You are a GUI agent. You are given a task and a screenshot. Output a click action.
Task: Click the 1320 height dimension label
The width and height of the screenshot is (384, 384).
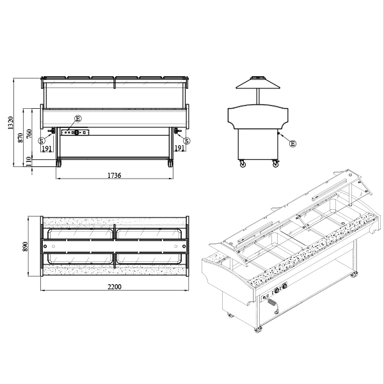(10, 123)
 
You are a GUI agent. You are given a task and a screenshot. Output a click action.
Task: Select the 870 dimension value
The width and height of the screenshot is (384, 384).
(20, 138)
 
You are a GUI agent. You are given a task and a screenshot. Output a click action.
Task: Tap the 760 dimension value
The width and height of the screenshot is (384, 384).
(29, 134)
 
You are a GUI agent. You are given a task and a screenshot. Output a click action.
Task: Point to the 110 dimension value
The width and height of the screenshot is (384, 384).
(29, 161)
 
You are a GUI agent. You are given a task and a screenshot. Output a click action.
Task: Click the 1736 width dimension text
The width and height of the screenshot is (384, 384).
(115, 175)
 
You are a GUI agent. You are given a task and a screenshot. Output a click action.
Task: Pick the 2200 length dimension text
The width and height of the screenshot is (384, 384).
(115, 287)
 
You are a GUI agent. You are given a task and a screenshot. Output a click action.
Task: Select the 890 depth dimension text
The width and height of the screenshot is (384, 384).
(25, 246)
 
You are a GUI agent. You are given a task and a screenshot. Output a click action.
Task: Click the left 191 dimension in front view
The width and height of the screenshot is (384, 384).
(47, 148)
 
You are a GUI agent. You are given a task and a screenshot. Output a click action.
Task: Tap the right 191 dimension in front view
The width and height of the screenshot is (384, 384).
(179, 148)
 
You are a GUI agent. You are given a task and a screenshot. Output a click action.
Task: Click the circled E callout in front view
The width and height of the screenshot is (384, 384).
(78, 119)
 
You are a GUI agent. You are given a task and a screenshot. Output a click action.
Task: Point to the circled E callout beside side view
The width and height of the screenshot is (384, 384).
(292, 143)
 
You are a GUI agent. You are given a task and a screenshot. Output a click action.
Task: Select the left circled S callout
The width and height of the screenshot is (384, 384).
(42, 141)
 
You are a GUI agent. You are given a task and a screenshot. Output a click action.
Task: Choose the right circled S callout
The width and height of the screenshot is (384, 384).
(187, 141)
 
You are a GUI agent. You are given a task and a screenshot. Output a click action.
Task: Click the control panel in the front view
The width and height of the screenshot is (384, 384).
(75, 132)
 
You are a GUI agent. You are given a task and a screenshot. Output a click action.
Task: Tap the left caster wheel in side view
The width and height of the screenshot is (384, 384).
(243, 163)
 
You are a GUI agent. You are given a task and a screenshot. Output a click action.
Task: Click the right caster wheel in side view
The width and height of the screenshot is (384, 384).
(276, 163)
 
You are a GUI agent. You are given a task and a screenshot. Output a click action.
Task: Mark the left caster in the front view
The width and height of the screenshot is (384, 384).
(58, 163)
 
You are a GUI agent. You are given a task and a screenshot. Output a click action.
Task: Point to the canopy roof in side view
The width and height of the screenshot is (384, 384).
(258, 83)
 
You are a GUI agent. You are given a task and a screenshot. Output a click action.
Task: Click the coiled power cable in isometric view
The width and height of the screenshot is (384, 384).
(271, 302)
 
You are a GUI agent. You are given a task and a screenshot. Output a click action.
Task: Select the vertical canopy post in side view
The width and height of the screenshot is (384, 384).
(258, 97)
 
